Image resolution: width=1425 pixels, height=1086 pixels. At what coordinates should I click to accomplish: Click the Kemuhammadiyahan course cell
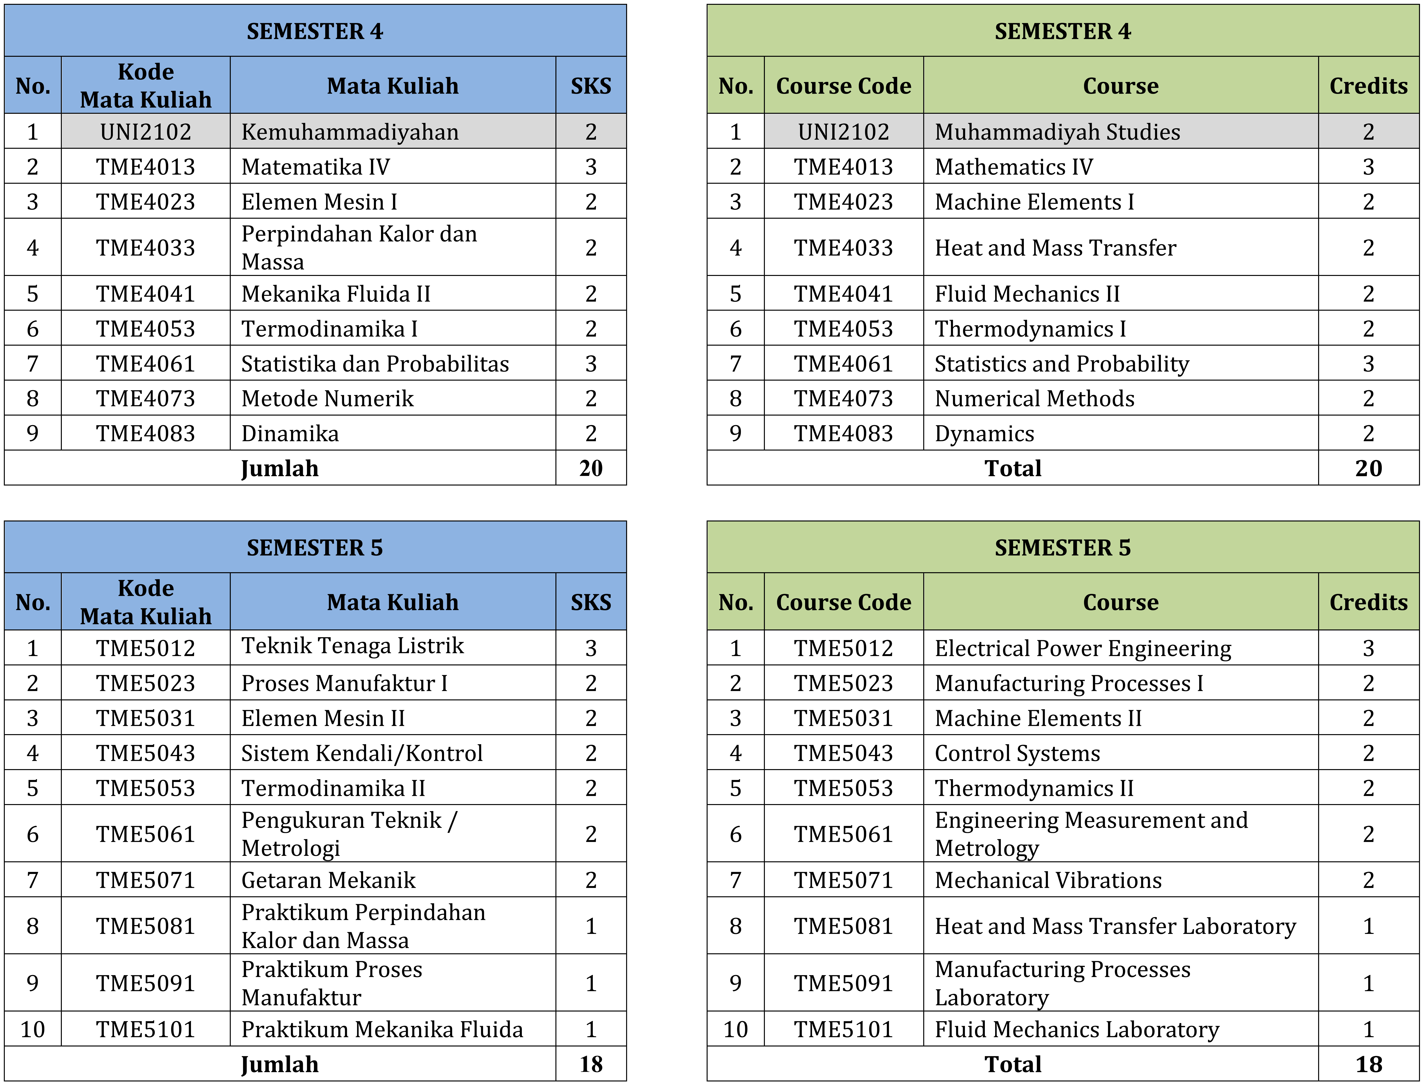point(350,132)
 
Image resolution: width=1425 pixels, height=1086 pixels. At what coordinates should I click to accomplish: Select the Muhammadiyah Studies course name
point(1057,132)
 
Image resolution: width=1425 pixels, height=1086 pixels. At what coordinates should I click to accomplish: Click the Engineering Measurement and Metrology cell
point(1091,834)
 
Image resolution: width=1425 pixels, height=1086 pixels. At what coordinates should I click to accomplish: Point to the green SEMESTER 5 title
point(1062,548)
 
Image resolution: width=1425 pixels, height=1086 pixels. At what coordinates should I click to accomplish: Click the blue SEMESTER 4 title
point(315,31)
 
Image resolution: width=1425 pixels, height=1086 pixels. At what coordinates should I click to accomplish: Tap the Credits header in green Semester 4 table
point(1368,86)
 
